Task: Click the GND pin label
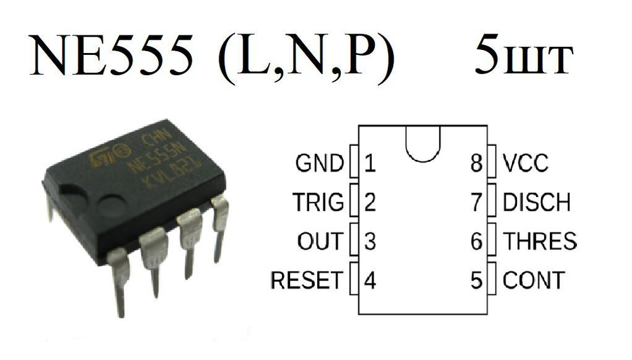(319, 164)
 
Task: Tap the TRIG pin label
(318, 203)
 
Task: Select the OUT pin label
(320, 241)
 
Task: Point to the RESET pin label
(307, 280)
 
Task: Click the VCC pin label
(525, 164)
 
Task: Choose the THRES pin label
(539, 241)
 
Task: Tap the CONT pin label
(533, 280)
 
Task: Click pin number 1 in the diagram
(370, 164)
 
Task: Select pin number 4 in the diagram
(370, 280)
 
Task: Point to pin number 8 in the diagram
(477, 164)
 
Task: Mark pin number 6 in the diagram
(477, 241)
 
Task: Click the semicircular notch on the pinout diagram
(423, 142)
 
